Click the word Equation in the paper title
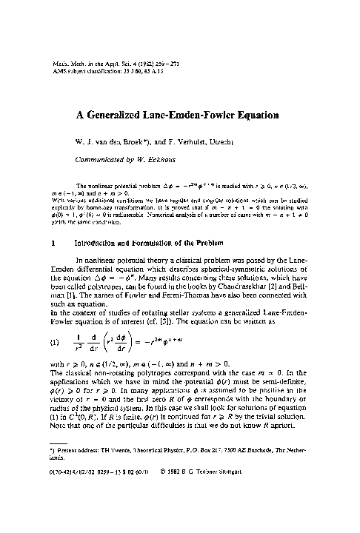pyautogui.click(x=253, y=115)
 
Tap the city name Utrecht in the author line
pyautogui.click(x=238, y=139)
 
